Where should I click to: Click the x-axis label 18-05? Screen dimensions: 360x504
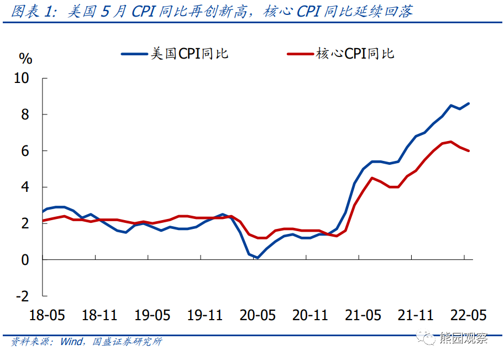[46, 315]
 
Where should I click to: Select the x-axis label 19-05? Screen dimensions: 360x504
[152, 315]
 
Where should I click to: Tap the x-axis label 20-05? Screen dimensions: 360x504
[258, 315]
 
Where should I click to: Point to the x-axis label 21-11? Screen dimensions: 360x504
[416, 315]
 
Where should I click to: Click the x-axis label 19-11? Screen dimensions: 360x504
[205, 315]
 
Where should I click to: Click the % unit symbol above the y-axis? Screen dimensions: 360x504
[26, 58]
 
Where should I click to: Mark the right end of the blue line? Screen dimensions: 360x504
[469, 103]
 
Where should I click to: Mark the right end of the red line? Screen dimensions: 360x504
[469, 150]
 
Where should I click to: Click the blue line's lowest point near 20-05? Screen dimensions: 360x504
[257, 257]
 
